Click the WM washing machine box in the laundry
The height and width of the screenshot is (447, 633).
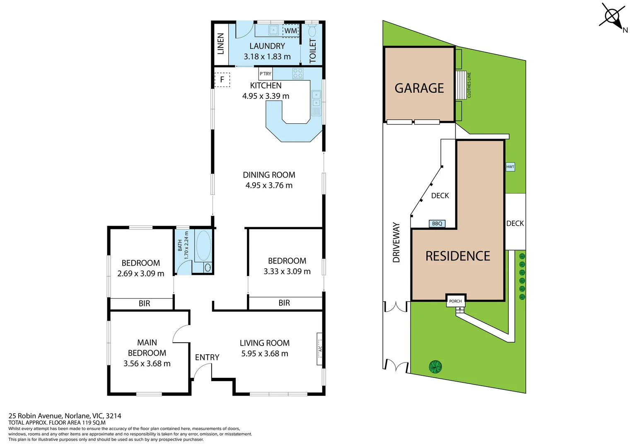290,31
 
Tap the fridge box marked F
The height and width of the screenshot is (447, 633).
222,79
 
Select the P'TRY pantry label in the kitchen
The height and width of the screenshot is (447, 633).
265,74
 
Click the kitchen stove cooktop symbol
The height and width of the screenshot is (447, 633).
298,74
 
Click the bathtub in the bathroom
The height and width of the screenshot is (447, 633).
203,245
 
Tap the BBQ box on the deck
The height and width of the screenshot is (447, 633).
437,223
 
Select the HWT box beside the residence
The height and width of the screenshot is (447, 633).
510,167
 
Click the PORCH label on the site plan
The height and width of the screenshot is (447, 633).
455,301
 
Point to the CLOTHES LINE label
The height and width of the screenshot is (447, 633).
469,85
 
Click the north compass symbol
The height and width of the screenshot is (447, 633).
613,17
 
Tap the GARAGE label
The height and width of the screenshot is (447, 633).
419,88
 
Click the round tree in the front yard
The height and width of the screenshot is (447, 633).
435,366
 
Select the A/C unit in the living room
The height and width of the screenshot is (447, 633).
319,349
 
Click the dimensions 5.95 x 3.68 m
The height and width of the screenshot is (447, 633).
264,353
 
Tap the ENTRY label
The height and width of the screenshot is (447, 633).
207,357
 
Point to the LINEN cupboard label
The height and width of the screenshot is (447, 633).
221,44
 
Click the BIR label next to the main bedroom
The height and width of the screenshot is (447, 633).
144,303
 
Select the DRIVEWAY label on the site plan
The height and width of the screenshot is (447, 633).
396,243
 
